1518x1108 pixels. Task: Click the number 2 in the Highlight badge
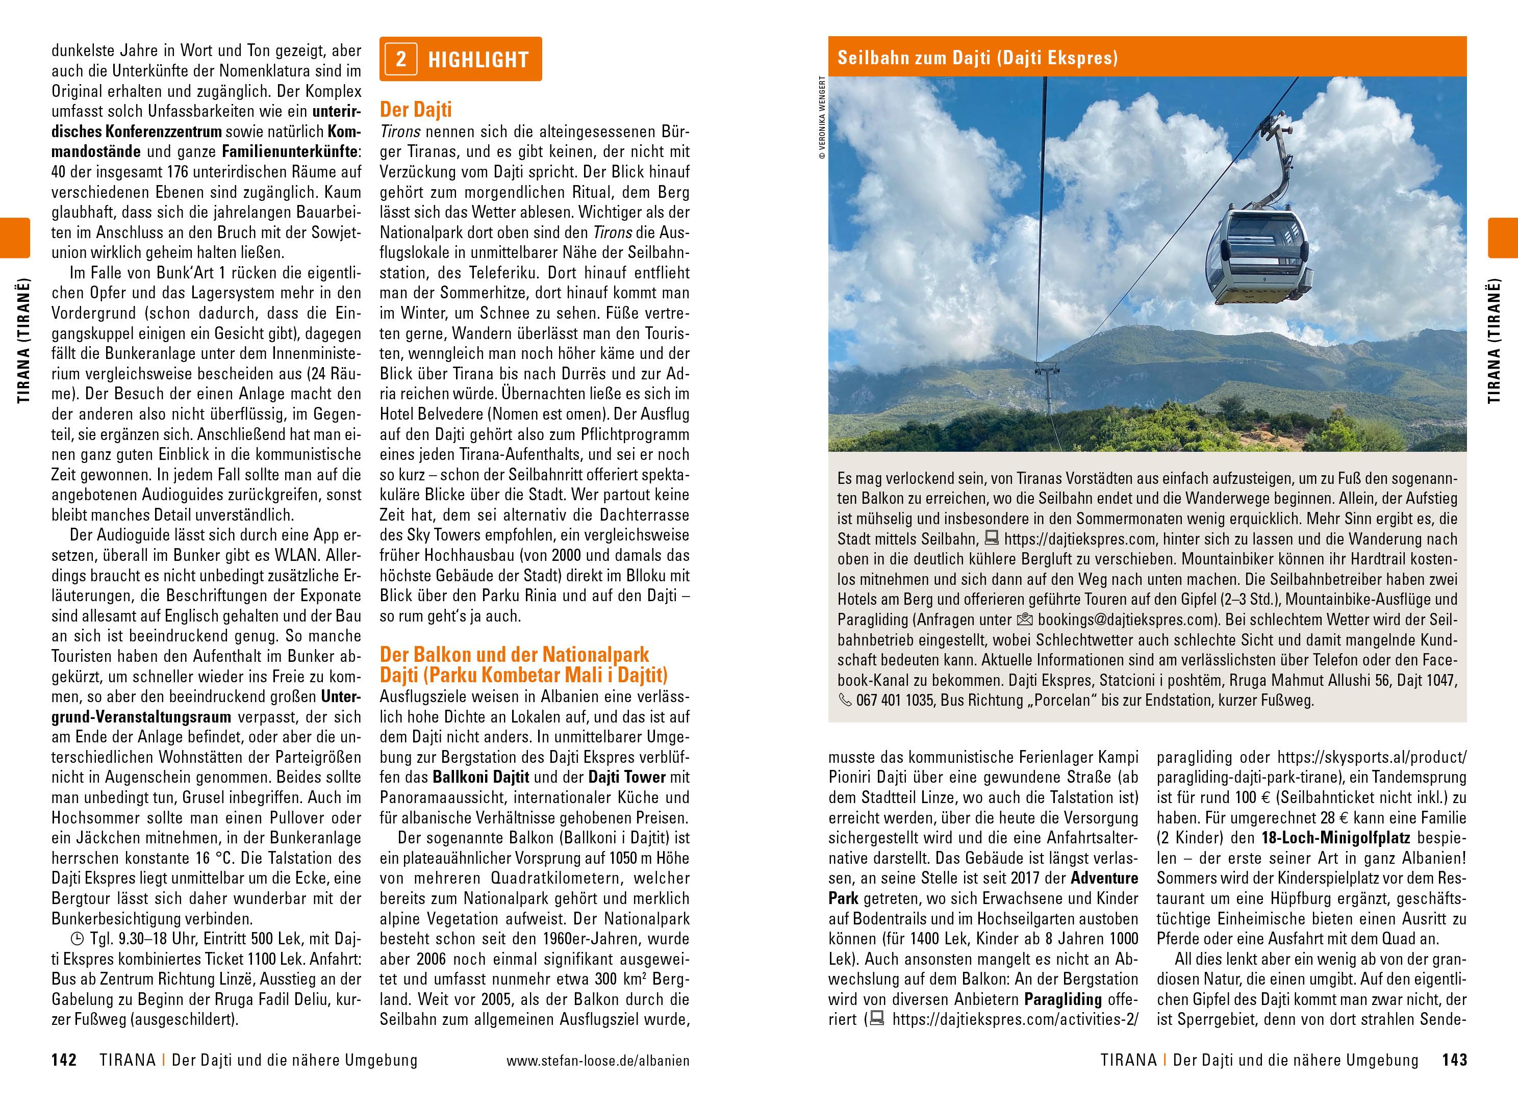(401, 59)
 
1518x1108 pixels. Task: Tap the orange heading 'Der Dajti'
(416, 109)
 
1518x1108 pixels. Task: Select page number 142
(64, 1061)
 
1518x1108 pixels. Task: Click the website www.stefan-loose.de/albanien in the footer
(598, 1061)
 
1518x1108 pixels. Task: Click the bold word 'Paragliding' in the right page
(1063, 999)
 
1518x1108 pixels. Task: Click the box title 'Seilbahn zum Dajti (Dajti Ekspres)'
(977, 58)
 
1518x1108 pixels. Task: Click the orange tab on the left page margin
(15, 238)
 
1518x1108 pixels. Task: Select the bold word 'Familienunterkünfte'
(290, 151)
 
